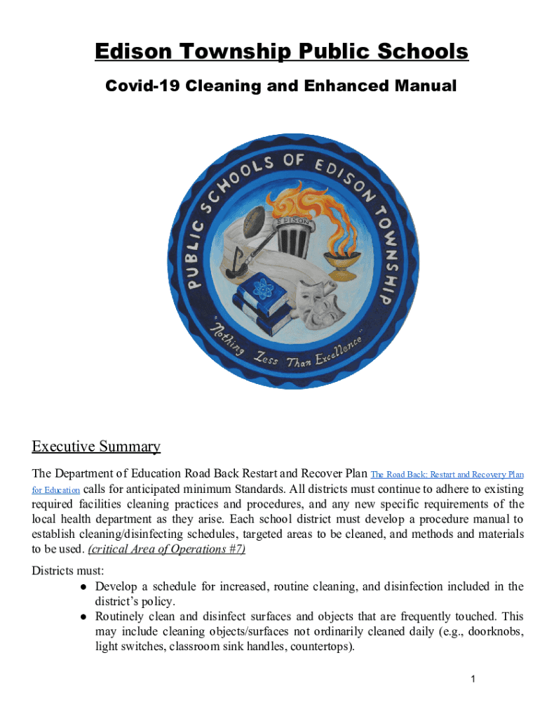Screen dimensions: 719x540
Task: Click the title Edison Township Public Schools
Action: click(x=281, y=53)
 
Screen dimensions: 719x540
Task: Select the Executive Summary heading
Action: click(x=96, y=447)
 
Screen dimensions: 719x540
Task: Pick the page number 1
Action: click(x=474, y=679)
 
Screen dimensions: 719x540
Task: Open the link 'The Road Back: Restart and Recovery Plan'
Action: click(x=447, y=475)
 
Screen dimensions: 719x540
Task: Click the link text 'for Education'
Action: click(x=55, y=489)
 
